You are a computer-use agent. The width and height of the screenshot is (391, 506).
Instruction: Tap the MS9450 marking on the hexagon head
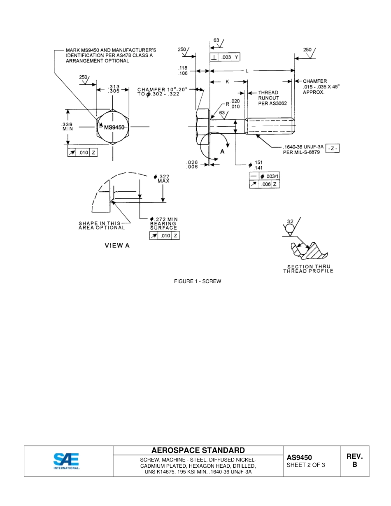(x=114, y=128)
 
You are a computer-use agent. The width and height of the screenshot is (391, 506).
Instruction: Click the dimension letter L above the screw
(x=247, y=71)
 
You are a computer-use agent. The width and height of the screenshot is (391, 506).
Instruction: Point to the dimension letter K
(x=227, y=82)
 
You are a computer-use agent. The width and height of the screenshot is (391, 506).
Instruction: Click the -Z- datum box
(x=332, y=148)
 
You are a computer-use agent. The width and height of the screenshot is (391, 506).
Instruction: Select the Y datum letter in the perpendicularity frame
(x=236, y=57)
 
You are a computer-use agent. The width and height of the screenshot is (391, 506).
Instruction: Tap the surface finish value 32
(x=290, y=221)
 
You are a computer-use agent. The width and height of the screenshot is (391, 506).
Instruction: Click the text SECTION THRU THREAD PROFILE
(x=308, y=269)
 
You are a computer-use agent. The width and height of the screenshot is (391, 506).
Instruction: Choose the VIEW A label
(x=117, y=246)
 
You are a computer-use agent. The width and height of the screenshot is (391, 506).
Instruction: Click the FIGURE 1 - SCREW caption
(x=198, y=281)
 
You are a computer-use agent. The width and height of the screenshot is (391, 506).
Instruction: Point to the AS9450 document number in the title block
(x=299, y=457)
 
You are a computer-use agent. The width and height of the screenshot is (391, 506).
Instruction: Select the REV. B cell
(x=354, y=460)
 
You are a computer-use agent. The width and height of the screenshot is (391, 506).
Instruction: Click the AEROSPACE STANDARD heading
(x=198, y=450)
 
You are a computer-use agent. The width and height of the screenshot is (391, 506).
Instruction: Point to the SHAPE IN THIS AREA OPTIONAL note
(x=101, y=225)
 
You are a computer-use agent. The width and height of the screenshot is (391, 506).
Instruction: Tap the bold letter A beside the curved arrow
(x=222, y=151)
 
